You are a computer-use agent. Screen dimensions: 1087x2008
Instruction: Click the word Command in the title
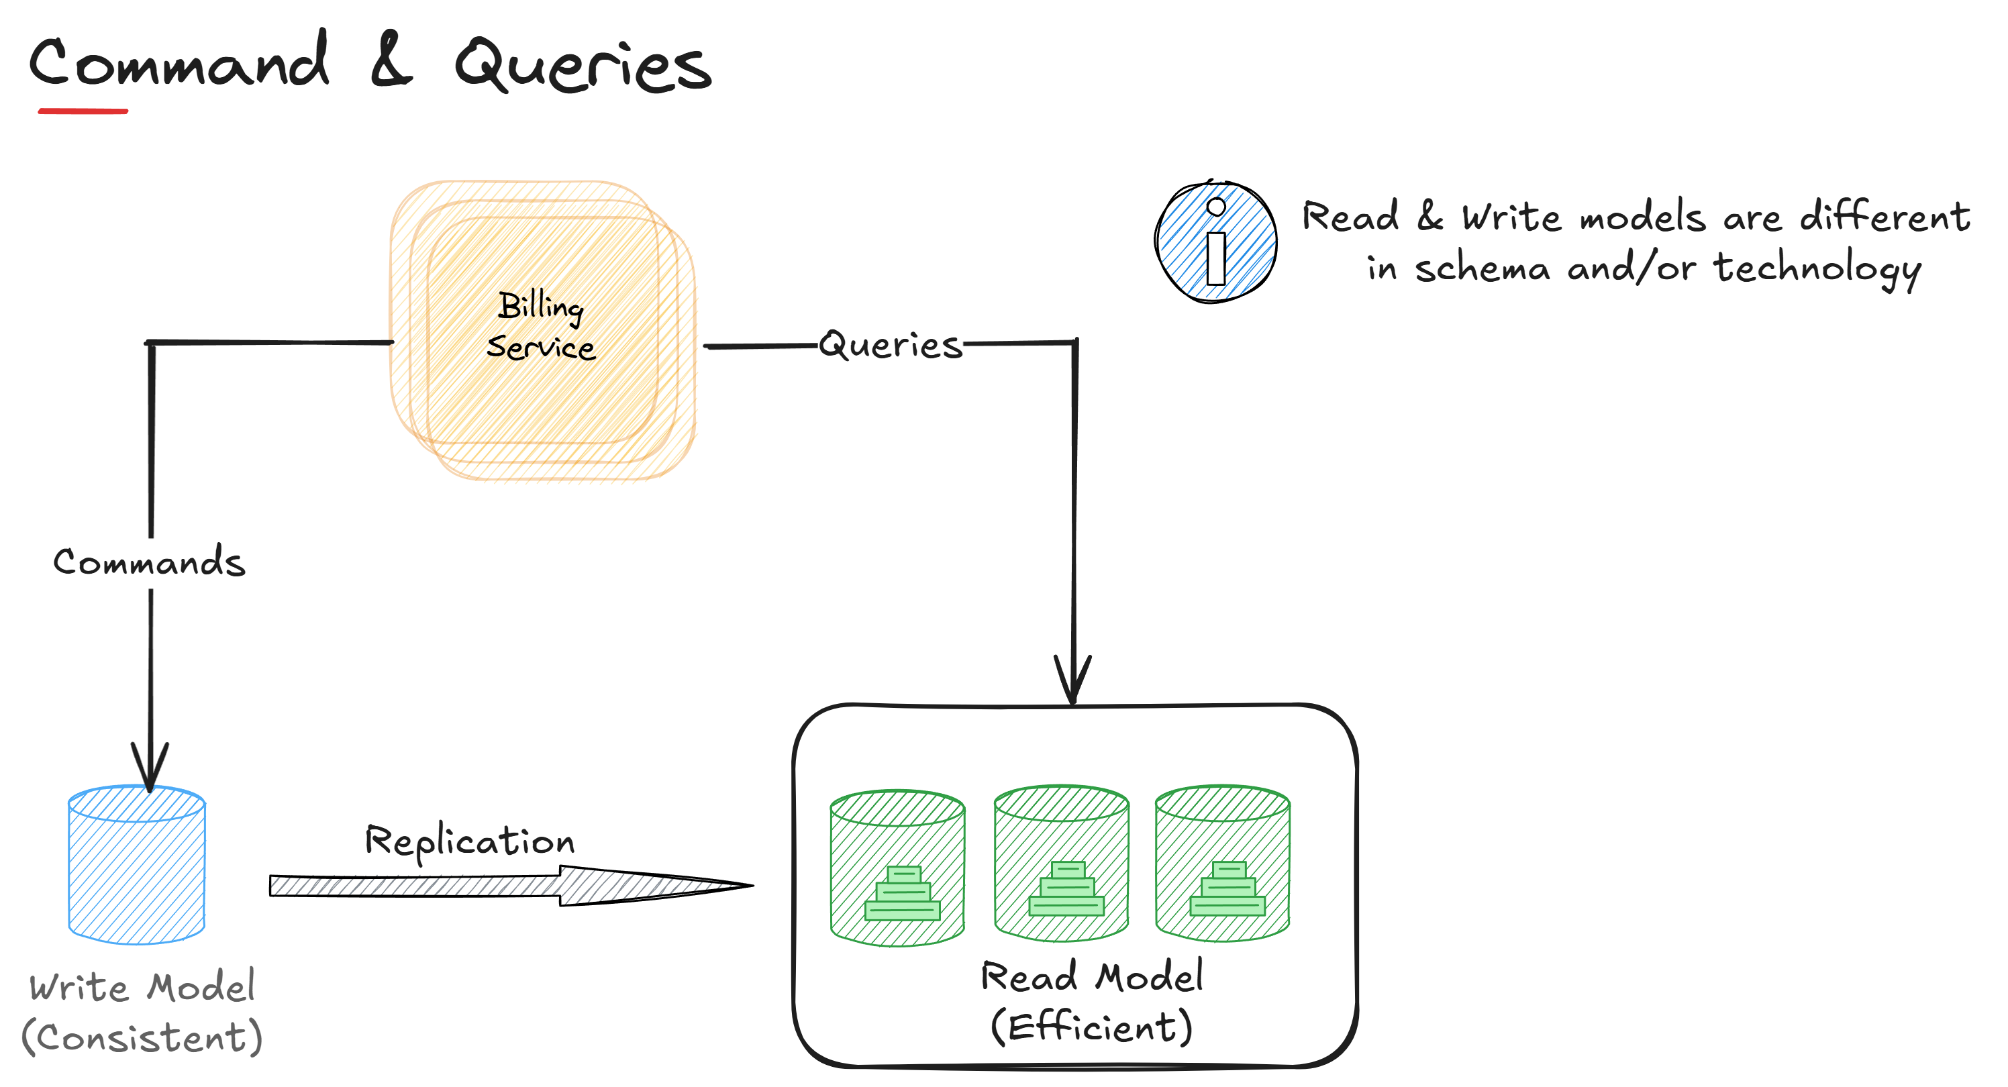pyautogui.click(x=179, y=62)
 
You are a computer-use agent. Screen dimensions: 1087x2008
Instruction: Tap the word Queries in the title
pyautogui.click(x=583, y=66)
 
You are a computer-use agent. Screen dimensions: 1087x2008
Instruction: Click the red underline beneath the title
pyautogui.click(x=83, y=111)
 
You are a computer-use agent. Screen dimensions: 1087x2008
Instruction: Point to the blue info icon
pyautogui.click(x=1215, y=242)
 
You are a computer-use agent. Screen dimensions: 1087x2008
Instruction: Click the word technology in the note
pyautogui.click(x=1816, y=269)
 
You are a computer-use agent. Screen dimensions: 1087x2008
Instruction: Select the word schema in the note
pyautogui.click(x=1482, y=269)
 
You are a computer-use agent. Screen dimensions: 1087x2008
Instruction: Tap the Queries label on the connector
pyautogui.click(x=890, y=345)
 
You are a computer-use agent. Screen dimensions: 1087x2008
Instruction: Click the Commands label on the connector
pyautogui.click(x=149, y=562)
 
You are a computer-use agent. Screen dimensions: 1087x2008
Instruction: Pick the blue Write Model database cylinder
pyautogui.click(x=137, y=865)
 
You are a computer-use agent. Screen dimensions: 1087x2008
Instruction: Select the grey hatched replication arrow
pyautogui.click(x=507, y=886)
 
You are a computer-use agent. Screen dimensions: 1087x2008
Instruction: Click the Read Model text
pyautogui.click(x=1091, y=977)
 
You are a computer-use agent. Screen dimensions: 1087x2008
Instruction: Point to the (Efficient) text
pyautogui.click(x=1091, y=1027)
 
